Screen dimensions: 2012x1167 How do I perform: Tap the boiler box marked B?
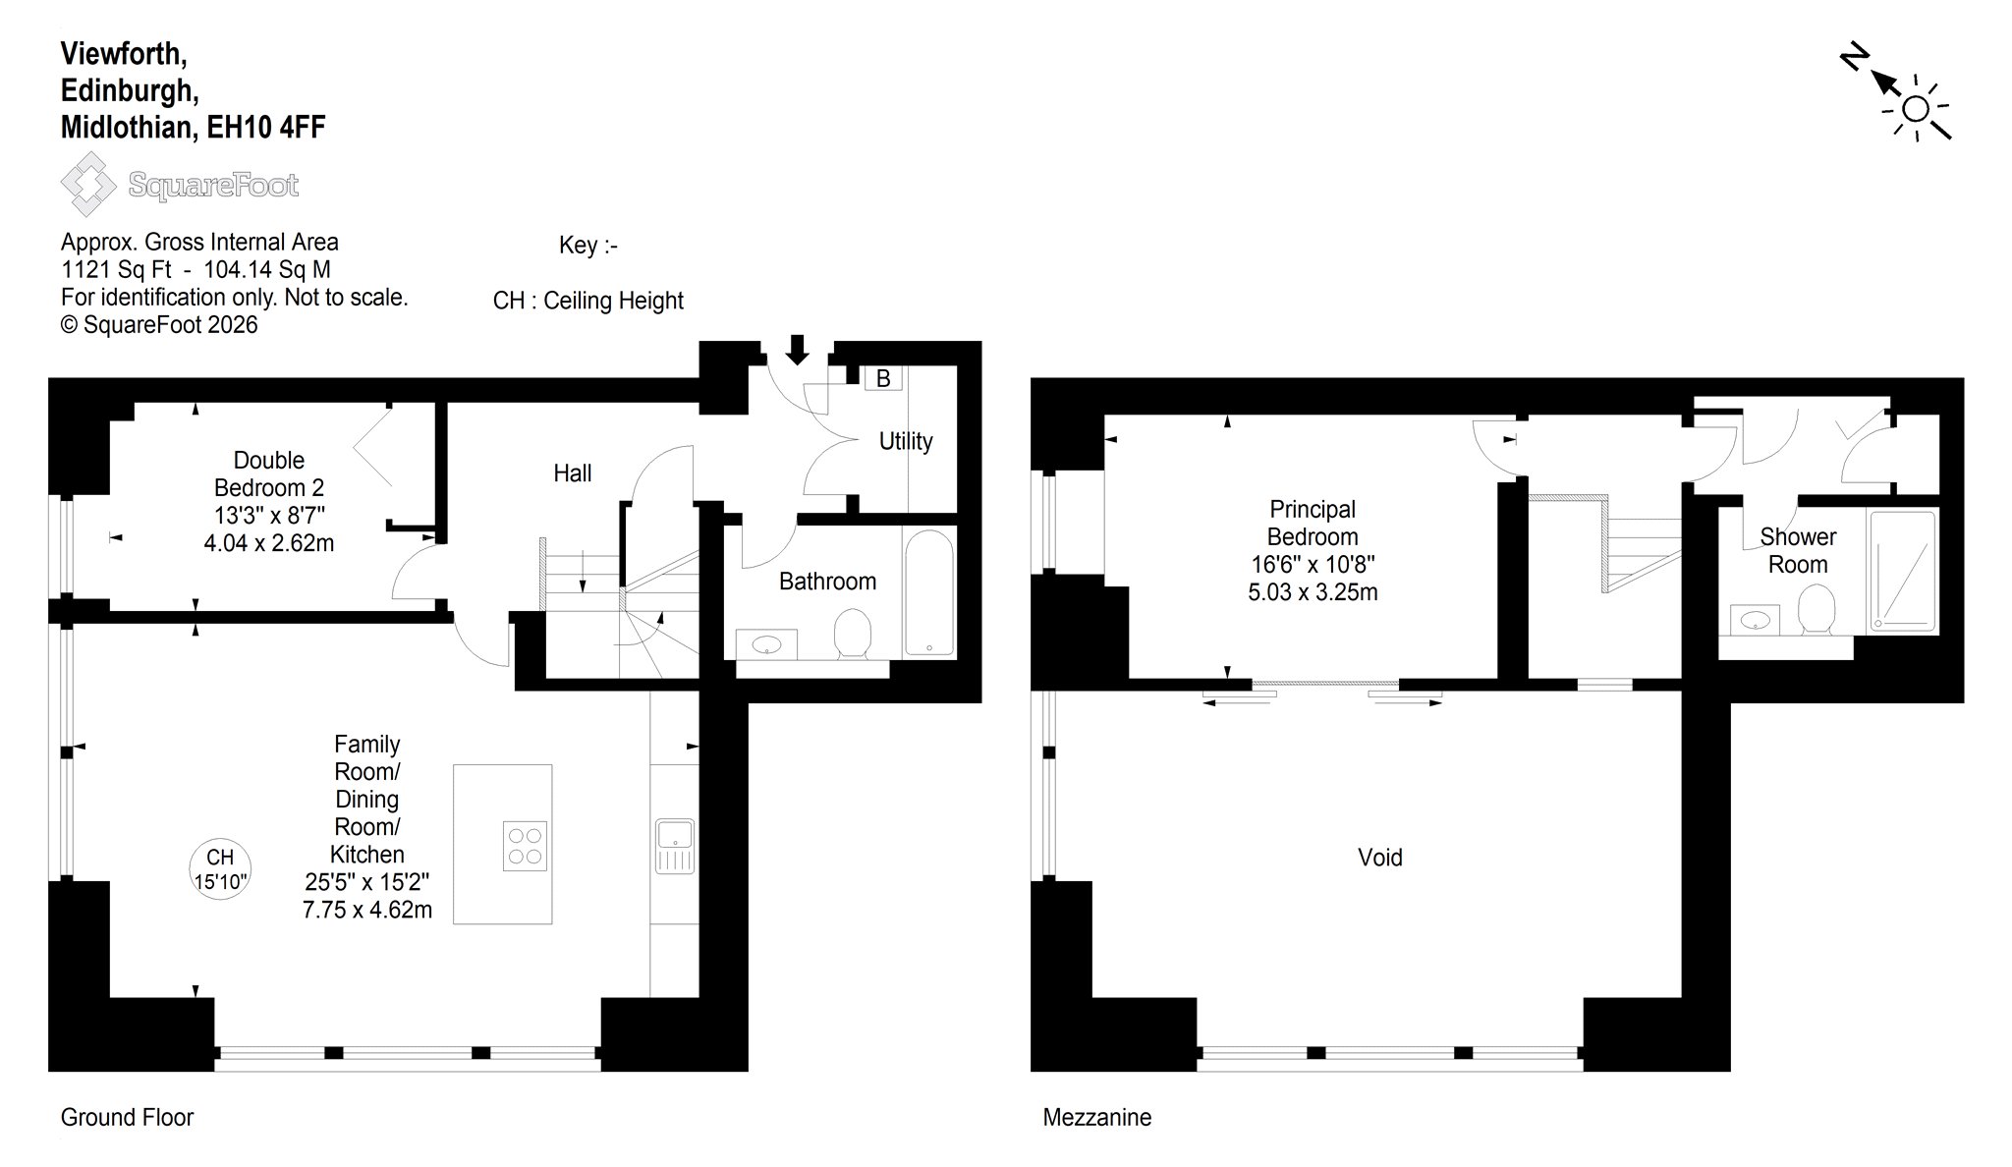[883, 378]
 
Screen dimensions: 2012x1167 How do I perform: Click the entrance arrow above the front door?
[797, 350]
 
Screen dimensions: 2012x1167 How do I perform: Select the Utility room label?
[906, 441]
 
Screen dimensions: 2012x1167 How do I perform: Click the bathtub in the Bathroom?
[928, 592]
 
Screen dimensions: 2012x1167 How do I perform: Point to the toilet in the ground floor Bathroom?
[852, 634]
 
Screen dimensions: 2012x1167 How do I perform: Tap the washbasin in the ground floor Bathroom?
[766, 644]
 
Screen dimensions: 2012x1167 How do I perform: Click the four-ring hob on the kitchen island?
[525, 846]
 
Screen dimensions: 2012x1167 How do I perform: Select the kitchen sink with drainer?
[675, 846]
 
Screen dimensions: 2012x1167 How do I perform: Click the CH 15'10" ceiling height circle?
[220, 870]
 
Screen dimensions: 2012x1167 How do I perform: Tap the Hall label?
[573, 473]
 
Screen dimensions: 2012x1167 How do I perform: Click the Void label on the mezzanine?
[1380, 858]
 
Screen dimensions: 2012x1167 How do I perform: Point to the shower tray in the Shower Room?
[1902, 571]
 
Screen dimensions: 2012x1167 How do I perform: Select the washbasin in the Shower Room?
[1755, 620]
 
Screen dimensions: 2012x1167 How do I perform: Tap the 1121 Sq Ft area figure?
[116, 270]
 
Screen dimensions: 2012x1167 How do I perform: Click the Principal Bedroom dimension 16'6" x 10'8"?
[1313, 565]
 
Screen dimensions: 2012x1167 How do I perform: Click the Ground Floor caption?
[128, 1117]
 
